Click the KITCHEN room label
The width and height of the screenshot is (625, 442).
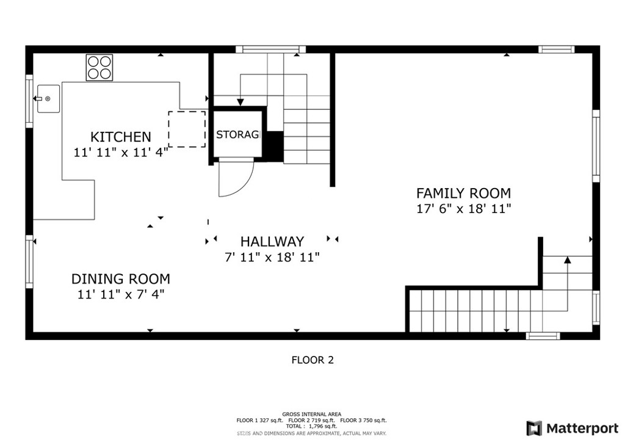120,137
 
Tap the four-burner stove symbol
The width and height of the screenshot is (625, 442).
99,67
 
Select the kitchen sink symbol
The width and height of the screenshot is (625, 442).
48,99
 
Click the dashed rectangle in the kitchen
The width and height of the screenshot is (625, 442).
187,129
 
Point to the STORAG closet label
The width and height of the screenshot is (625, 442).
237,135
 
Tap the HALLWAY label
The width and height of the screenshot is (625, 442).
272,242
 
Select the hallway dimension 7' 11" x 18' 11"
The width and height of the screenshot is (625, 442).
272,258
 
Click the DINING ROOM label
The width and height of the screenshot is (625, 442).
120,280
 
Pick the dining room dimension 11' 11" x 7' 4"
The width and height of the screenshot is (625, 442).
120,295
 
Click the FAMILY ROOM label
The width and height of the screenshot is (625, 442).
463,194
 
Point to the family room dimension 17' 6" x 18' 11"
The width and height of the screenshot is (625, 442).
463,209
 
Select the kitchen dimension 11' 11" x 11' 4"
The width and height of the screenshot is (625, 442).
120,153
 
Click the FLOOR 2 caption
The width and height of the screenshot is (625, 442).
312,360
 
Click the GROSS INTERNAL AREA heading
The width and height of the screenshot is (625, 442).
312,414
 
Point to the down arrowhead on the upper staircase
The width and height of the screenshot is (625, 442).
240,102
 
